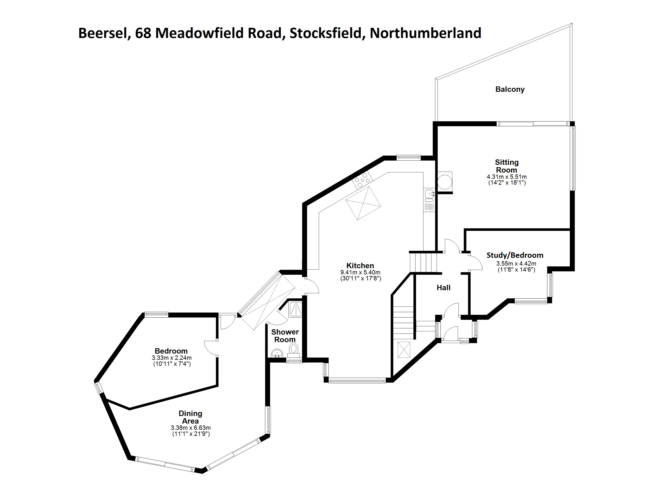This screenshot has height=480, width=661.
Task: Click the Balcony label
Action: click(510, 89)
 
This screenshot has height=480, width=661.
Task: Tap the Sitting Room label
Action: click(507, 166)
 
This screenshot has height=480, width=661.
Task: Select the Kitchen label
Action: click(360, 265)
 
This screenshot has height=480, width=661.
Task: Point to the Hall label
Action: click(444, 288)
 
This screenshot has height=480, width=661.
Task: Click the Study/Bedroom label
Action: click(515, 255)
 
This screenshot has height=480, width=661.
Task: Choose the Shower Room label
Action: click(285, 336)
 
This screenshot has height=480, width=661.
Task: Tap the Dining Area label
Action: click(190, 417)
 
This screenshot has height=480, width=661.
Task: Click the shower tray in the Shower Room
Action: click(295, 309)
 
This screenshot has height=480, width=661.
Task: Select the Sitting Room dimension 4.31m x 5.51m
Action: click(507, 177)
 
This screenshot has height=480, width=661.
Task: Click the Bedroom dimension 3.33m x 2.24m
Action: click(172, 358)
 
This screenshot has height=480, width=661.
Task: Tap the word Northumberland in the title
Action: click(425, 33)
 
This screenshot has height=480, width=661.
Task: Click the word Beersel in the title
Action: click(102, 33)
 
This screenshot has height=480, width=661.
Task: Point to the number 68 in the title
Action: click(143, 33)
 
